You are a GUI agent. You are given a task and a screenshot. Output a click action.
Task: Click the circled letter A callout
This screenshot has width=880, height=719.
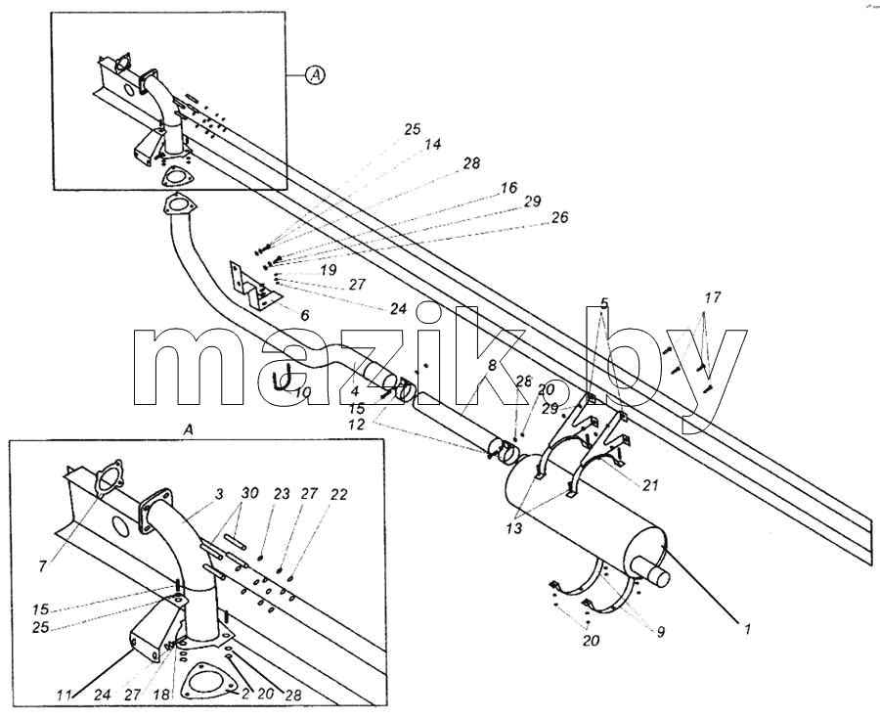(x=316, y=74)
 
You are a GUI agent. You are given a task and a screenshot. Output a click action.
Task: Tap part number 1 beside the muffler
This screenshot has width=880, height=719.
(x=747, y=629)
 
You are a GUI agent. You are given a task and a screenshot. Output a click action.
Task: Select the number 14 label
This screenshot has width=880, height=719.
(x=432, y=144)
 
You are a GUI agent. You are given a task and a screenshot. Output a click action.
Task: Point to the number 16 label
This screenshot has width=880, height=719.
(x=508, y=187)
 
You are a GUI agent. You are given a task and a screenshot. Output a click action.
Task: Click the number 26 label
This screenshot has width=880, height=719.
(x=559, y=216)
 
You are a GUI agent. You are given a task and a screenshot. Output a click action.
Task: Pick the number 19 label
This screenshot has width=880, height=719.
(x=329, y=270)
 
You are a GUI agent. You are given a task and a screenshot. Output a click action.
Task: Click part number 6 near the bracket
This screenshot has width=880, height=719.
(x=305, y=315)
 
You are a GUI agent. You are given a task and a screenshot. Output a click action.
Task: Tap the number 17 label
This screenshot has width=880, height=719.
(x=712, y=297)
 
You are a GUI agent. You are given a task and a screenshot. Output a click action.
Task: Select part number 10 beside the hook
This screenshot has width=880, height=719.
(x=302, y=392)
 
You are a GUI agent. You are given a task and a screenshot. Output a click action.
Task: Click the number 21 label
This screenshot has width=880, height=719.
(x=650, y=484)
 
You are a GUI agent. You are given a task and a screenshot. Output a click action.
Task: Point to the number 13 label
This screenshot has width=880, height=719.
(x=513, y=528)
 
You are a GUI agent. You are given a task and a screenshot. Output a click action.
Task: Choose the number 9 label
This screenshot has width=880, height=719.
(x=661, y=632)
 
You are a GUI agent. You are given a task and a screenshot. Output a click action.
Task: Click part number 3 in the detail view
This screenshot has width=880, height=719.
(x=219, y=493)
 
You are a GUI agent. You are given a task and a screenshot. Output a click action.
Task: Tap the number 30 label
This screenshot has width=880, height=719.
(x=249, y=493)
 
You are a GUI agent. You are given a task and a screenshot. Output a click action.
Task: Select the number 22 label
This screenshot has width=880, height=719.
(x=339, y=494)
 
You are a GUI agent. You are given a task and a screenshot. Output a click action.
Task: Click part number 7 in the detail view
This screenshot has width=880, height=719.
(x=43, y=567)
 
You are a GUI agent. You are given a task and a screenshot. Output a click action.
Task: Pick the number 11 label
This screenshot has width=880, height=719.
(x=64, y=695)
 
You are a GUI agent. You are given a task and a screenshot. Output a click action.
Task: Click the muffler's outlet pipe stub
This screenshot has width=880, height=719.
(x=654, y=573)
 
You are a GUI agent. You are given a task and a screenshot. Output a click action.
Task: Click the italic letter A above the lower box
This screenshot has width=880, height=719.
(x=188, y=430)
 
